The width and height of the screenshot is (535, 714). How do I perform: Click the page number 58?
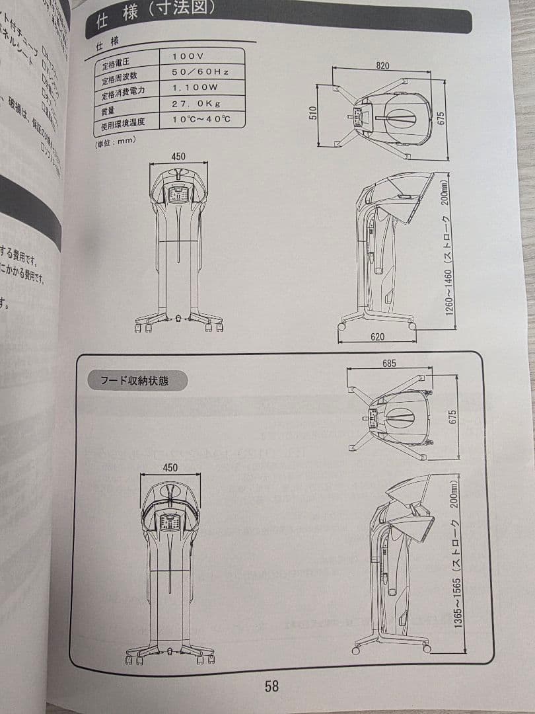pyautogui.click(x=271, y=686)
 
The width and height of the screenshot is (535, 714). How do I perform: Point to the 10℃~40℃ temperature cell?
pyautogui.click(x=201, y=120)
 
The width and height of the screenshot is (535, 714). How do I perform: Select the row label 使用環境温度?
pyautogui.click(x=123, y=123)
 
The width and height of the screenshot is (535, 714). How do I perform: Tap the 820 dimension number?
pyautogui.click(x=382, y=65)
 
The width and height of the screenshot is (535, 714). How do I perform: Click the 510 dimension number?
pyautogui.click(x=313, y=114)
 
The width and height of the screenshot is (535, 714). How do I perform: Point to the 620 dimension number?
pyautogui.click(x=377, y=337)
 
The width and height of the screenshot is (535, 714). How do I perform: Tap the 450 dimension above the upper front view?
pyautogui.click(x=178, y=157)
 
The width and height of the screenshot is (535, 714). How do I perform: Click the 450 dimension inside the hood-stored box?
pyautogui.click(x=170, y=467)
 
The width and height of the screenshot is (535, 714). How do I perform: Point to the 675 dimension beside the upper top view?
pyautogui.click(x=441, y=117)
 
